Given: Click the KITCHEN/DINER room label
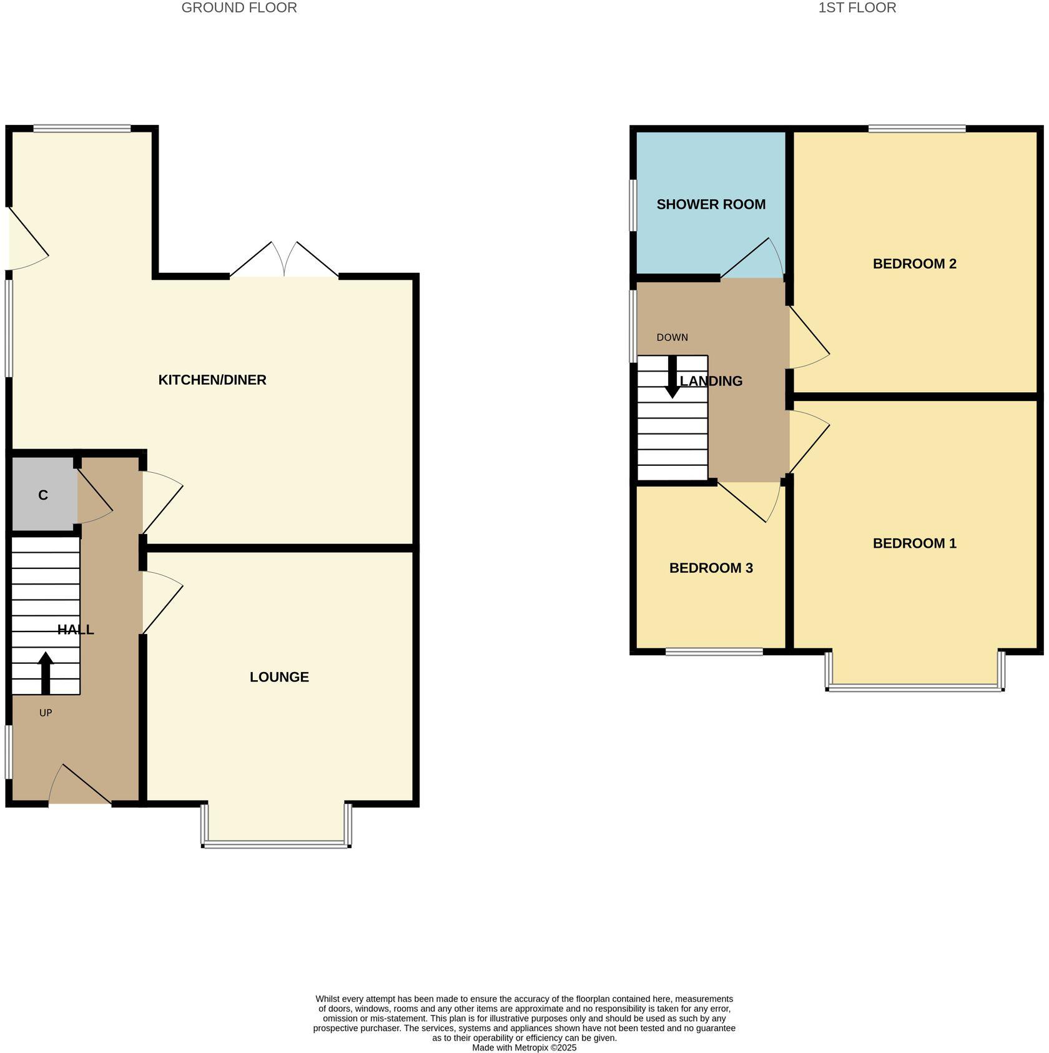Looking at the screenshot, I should [x=212, y=380].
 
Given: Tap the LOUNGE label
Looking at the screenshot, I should [x=279, y=677].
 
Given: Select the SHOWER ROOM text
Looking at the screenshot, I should [x=711, y=204].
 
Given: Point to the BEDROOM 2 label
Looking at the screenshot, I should [x=914, y=264].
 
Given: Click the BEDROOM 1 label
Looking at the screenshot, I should [x=914, y=543].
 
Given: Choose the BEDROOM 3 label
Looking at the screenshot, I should [x=711, y=568].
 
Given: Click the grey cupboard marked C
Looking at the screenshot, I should [x=42, y=495].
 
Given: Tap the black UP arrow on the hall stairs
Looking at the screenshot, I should [x=46, y=673].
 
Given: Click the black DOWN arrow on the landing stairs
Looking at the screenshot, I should [x=672, y=377].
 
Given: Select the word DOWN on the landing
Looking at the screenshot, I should [x=672, y=337].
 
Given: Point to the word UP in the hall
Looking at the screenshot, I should [x=46, y=713].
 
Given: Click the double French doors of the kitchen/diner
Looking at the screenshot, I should [x=284, y=261].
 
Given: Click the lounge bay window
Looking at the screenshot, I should [x=276, y=844].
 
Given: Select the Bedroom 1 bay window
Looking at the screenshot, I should [x=915, y=688].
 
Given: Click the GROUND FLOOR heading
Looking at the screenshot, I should [x=239, y=7].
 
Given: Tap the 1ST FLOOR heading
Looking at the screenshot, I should [x=857, y=7].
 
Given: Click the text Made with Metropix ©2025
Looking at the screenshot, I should [x=524, y=1047].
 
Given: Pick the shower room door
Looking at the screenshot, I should [x=752, y=259].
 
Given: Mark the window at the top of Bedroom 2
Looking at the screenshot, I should [x=917, y=129].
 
